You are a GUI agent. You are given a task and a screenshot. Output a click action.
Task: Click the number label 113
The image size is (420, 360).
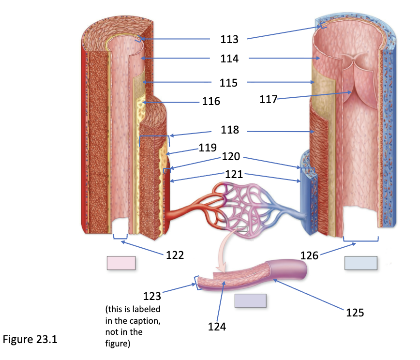click(x=229, y=39)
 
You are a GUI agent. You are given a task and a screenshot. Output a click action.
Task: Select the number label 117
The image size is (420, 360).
click(x=269, y=99)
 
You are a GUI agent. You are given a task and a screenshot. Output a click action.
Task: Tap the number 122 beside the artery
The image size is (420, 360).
click(x=175, y=255)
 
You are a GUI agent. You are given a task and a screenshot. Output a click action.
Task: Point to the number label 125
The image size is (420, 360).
click(x=355, y=313)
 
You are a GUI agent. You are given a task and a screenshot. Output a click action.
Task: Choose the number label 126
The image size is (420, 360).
click(x=309, y=255)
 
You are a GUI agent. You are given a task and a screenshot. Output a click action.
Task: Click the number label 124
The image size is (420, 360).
click(x=217, y=327)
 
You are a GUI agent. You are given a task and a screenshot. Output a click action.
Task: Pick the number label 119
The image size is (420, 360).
click(x=208, y=147)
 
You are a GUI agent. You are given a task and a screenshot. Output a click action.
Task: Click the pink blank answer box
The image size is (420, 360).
click(x=121, y=263)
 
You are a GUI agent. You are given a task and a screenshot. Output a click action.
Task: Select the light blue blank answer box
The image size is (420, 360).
click(x=361, y=263)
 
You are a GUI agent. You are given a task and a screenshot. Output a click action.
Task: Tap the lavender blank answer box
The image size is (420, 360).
click(x=251, y=300)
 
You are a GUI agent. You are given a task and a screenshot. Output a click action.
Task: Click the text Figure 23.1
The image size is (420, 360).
click(x=30, y=339)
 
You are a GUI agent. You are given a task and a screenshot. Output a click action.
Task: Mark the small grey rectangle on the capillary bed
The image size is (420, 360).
click(x=242, y=229)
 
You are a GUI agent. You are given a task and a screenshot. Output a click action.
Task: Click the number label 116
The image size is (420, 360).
click(x=211, y=101)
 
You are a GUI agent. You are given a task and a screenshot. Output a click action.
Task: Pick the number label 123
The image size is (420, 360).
click(x=152, y=296)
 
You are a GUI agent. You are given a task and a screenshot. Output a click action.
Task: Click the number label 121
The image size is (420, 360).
click(x=234, y=174)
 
